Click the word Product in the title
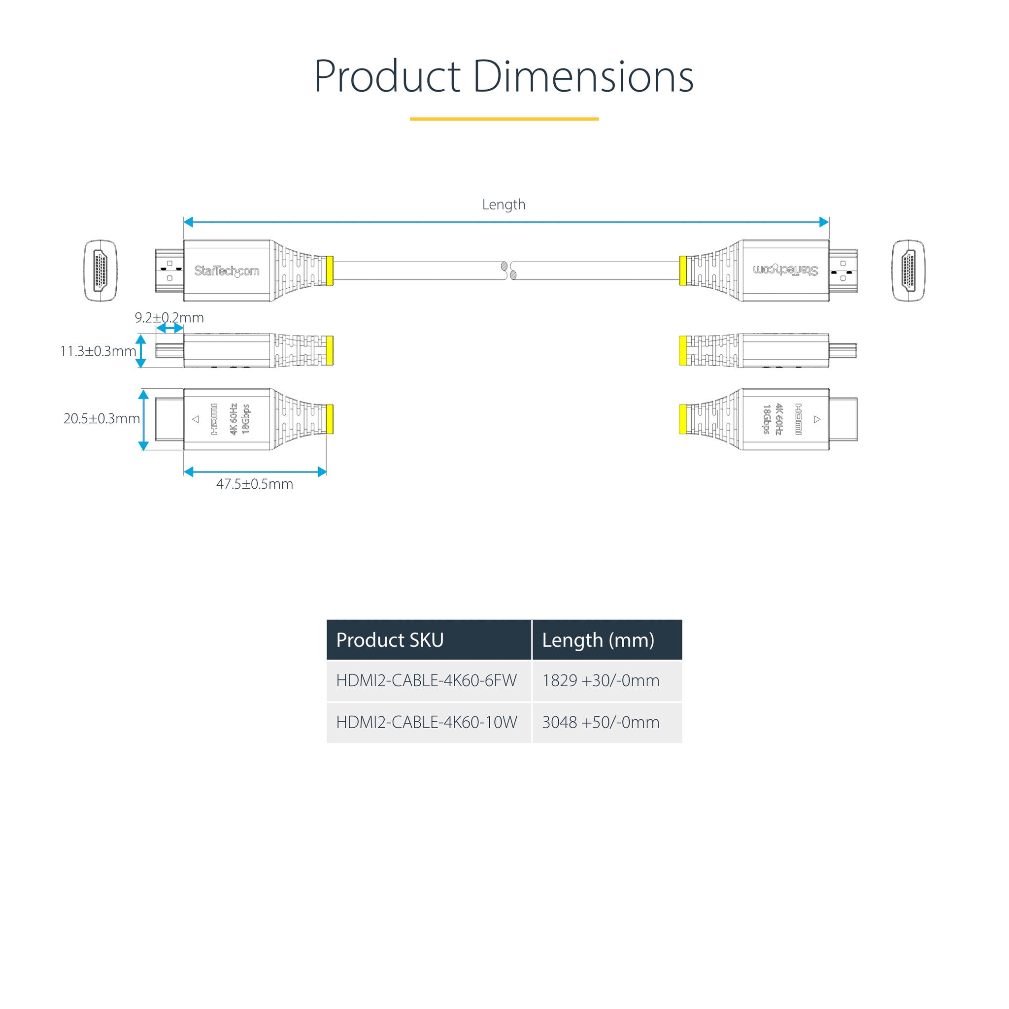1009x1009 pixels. pos(387,77)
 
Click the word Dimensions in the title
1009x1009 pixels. pos(583,77)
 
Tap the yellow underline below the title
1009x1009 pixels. pos(504,119)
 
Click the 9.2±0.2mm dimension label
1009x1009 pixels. pos(169,318)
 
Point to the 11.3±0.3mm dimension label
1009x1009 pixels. pos(98,351)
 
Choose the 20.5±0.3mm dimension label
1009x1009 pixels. pos(101,418)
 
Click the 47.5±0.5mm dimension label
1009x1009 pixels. pos(255,484)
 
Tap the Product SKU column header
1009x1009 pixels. pos(390,640)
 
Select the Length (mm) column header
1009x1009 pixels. pos(598,640)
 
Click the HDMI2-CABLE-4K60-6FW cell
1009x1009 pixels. pos(426,680)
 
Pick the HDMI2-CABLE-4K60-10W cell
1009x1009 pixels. pos(426,722)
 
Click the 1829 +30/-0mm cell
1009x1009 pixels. pos(601,680)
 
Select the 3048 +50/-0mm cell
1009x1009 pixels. pos(601,722)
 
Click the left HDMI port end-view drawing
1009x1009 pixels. pos(101,270)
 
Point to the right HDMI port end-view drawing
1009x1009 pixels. pos(908,270)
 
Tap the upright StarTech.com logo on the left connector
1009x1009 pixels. pos(227,270)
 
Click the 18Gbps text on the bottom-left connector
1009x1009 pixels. pos(245,419)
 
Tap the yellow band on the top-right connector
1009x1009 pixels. pos(682,270)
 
